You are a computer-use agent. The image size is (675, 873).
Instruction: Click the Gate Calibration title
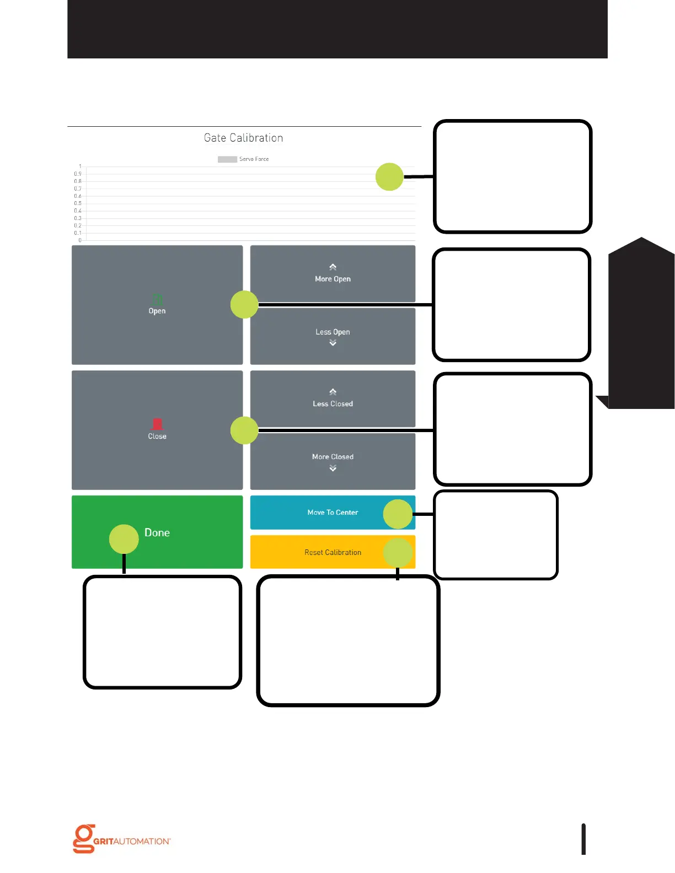point(243,138)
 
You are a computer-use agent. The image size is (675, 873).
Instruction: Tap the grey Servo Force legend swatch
point(227,159)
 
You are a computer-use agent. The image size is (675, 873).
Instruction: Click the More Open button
point(333,274)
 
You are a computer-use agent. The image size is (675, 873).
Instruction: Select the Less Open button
point(333,336)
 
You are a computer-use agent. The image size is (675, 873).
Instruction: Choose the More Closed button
point(333,461)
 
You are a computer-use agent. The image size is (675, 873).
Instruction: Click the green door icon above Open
point(157,299)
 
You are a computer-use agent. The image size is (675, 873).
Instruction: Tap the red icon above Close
point(157,424)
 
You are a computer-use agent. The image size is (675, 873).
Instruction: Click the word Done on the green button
point(157,532)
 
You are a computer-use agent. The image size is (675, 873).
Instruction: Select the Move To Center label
point(333,513)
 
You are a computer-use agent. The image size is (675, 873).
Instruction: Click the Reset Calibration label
point(333,552)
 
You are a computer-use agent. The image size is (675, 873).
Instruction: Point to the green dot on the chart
point(389,177)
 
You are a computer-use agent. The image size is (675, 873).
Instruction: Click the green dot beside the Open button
point(244,304)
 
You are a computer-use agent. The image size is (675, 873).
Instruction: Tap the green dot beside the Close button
point(244,430)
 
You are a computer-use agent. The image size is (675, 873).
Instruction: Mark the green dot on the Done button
point(124,538)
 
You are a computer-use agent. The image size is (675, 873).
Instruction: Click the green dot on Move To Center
point(398,514)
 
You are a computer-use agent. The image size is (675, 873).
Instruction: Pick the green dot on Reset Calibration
point(398,553)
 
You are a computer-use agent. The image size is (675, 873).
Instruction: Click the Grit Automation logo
point(122,839)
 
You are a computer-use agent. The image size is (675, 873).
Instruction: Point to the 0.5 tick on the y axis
point(78,203)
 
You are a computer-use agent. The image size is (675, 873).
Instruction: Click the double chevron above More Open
point(333,267)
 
